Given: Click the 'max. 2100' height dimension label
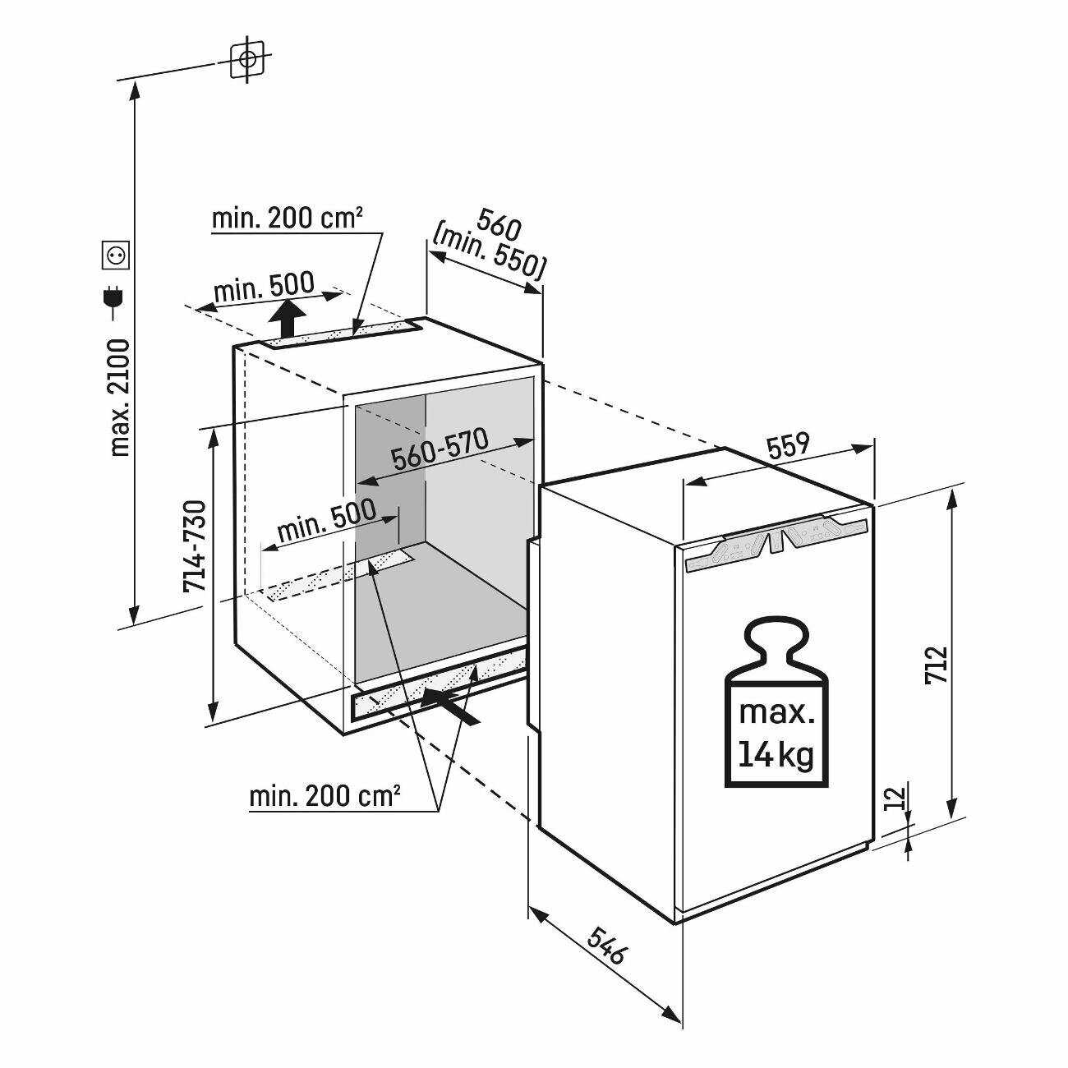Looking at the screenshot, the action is [x=120, y=398].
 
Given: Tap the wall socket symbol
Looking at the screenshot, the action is [x=116, y=255].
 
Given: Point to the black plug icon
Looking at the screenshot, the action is [x=115, y=300].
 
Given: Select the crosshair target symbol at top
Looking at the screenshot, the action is [x=248, y=59].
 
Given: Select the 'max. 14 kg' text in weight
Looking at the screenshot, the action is [x=776, y=733].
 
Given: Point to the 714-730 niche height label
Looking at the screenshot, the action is [x=195, y=546].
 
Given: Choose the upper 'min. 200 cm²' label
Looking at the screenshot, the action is [x=288, y=218].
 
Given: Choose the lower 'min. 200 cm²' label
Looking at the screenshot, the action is [x=325, y=797].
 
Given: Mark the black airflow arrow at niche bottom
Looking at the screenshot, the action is [x=450, y=707].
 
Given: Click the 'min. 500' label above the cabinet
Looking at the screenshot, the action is [x=264, y=286].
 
